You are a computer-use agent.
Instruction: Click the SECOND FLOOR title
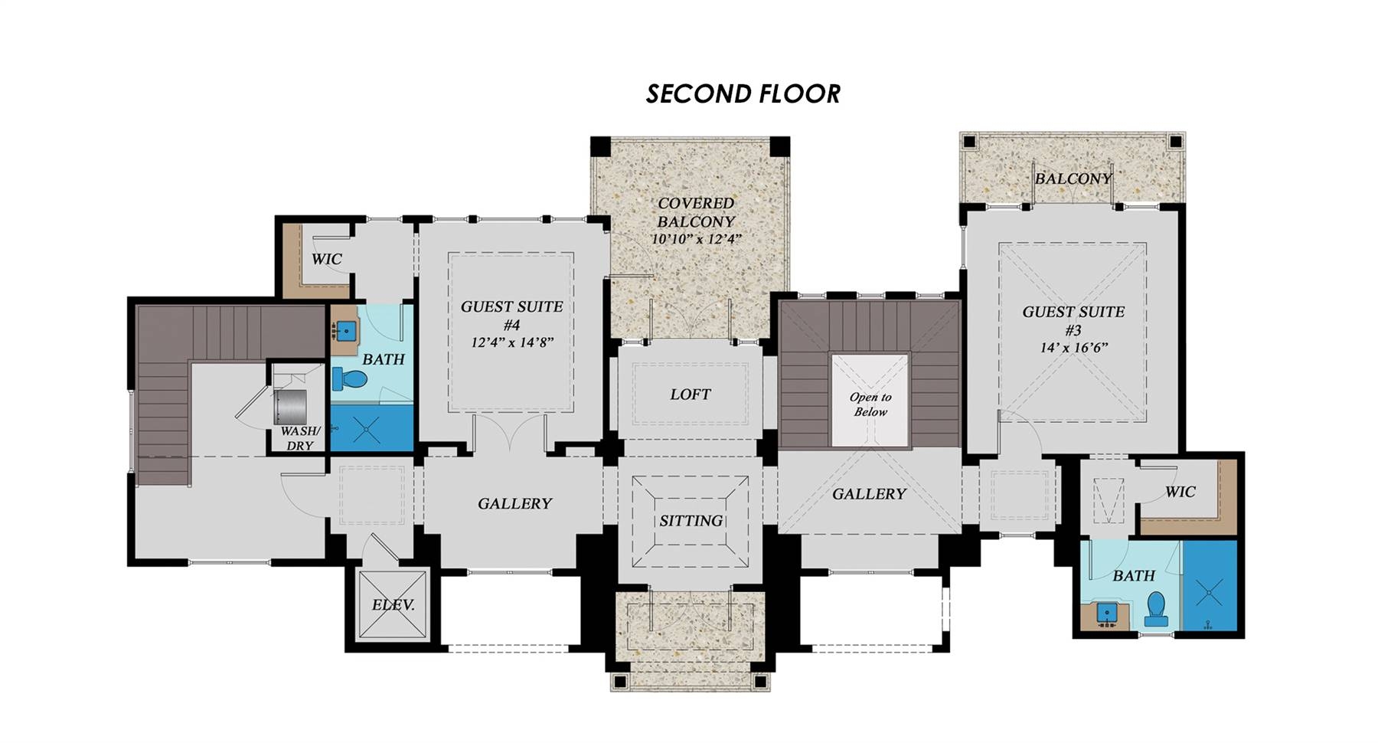pyautogui.click(x=743, y=93)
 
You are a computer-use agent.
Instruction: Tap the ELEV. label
pyautogui.click(x=393, y=605)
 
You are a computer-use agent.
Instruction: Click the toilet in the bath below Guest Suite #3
pyautogui.click(x=1156, y=609)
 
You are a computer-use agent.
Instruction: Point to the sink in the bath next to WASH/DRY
pyautogui.click(x=348, y=332)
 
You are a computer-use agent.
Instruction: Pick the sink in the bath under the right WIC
pyautogui.click(x=1105, y=614)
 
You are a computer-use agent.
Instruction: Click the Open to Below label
pyautogui.click(x=870, y=404)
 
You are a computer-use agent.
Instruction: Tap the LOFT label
pyautogui.click(x=690, y=394)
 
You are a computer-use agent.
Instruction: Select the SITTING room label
pyautogui.click(x=691, y=521)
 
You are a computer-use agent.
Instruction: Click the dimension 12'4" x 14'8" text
pyautogui.click(x=511, y=342)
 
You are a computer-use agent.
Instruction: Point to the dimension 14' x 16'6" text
pyautogui.click(x=1073, y=348)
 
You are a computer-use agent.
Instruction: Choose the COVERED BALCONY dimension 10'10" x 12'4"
pyautogui.click(x=696, y=239)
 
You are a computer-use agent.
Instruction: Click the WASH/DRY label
pyautogui.click(x=299, y=438)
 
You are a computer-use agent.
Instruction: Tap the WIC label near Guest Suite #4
pyautogui.click(x=326, y=259)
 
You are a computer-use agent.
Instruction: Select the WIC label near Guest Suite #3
pyautogui.click(x=1180, y=492)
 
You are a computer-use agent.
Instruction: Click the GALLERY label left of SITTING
pyautogui.click(x=514, y=503)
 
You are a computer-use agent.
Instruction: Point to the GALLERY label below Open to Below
pyautogui.click(x=869, y=494)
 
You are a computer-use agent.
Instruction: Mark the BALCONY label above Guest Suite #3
pyautogui.click(x=1073, y=178)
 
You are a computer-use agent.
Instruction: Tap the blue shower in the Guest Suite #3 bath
pyautogui.click(x=1210, y=586)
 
